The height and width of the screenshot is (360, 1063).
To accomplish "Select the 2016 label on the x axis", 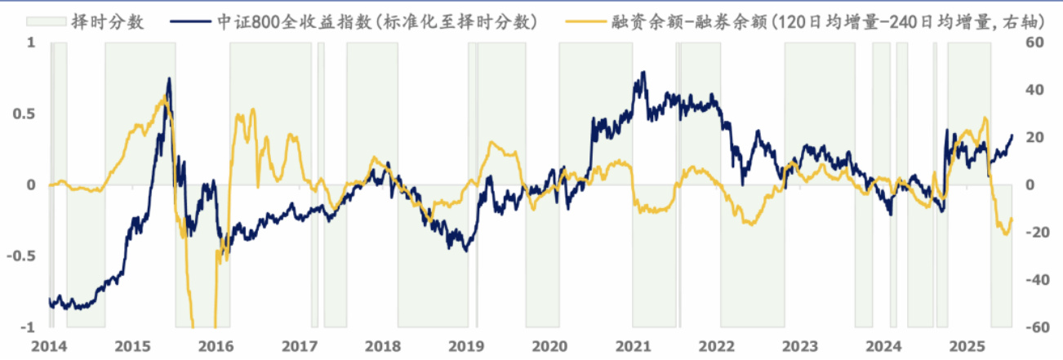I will coord(216,345).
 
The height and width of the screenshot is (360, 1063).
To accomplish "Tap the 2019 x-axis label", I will coord(465,345).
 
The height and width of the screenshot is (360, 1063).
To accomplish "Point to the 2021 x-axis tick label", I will coord(633,345).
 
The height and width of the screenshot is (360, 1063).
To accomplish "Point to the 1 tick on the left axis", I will coord(33,42).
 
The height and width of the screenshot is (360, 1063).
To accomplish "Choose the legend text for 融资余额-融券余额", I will coord(816,22).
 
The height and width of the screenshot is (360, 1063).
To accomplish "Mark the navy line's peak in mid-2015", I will coord(169,78).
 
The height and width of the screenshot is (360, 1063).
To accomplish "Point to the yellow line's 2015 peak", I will coord(164,96).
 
